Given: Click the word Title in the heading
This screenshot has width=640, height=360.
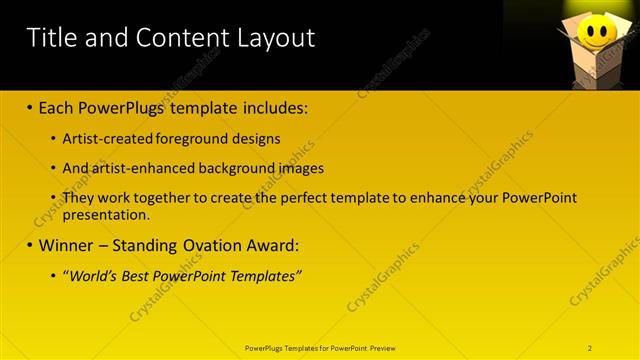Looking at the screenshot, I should [x=50, y=39].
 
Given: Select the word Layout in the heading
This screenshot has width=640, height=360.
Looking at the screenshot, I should [x=275, y=39].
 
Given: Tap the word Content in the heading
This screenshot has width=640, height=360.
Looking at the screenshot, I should [x=178, y=39].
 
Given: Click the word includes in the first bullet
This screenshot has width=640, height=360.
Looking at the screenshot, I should [x=270, y=106].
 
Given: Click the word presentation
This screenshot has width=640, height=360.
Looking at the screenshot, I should [x=106, y=214].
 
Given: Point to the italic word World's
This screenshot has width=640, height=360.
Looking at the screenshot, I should [x=97, y=275].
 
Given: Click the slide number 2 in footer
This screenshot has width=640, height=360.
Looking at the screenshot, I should [x=590, y=348].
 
